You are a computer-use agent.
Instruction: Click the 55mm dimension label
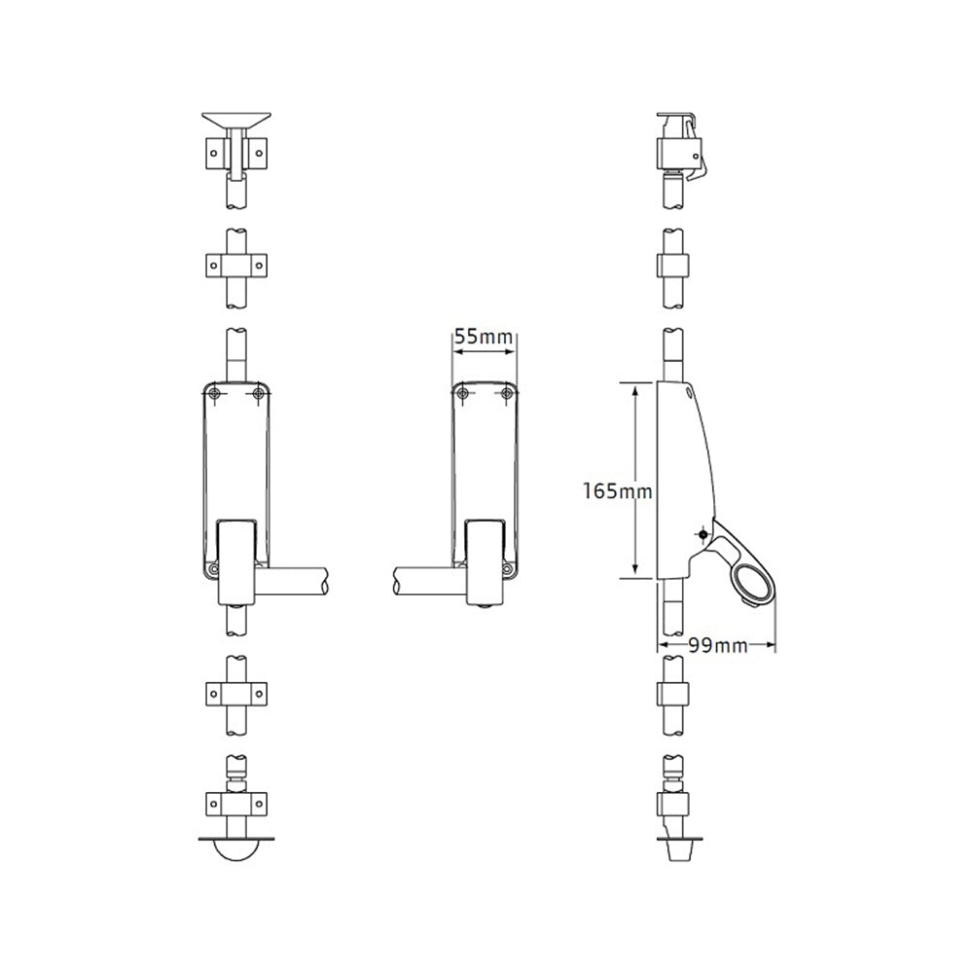[484, 337]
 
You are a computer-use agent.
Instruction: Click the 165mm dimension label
[618, 491]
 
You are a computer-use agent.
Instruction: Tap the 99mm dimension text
[718, 646]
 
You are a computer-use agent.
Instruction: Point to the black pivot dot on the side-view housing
[703, 534]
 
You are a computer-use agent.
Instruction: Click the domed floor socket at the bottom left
[236, 849]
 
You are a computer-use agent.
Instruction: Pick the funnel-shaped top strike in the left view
[236, 120]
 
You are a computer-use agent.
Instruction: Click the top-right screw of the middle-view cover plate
[507, 393]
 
